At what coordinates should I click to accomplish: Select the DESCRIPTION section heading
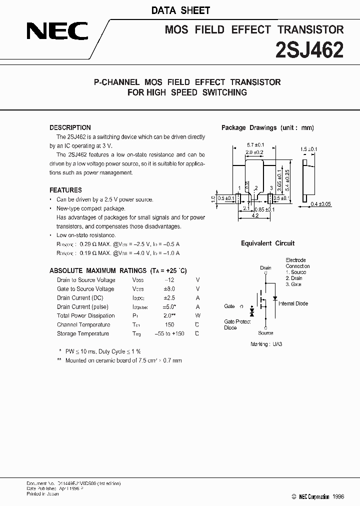tap(70, 127)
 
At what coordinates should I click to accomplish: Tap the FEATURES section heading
tap(65, 190)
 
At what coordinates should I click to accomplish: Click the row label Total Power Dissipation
tap(85, 315)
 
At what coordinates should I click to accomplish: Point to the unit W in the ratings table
tap(197, 315)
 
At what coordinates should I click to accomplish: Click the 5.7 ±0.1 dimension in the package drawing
tap(255, 144)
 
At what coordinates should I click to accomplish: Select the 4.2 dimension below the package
tap(254, 216)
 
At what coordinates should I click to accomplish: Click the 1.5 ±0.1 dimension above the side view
tap(309, 149)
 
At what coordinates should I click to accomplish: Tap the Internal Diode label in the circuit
tap(293, 303)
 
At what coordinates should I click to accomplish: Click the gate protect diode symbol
tap(251, 312)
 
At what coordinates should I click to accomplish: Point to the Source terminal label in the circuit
tap(265, 333)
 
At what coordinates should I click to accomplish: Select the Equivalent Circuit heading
tap(267, 243)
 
